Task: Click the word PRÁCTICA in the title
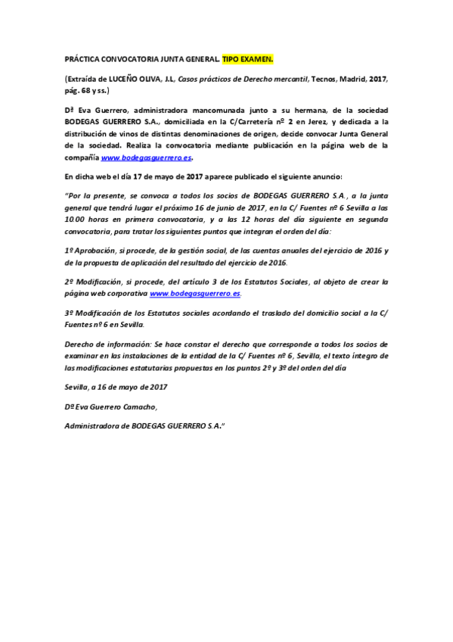(x=81, y=58)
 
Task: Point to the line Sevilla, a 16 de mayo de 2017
(x=116, y=386)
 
